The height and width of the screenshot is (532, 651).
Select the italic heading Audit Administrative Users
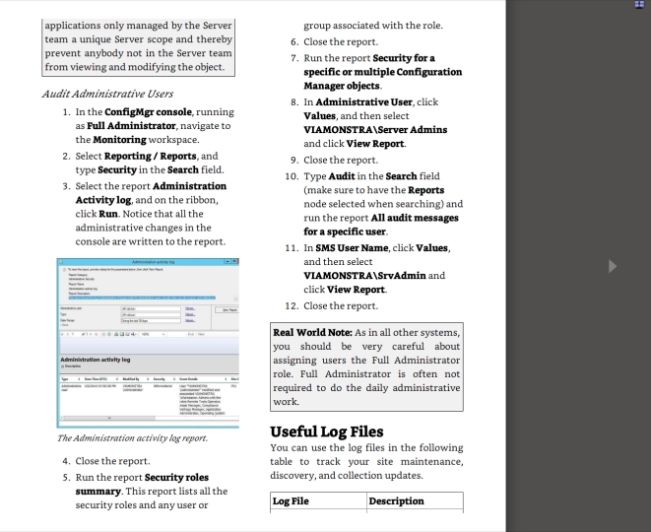[107, 95]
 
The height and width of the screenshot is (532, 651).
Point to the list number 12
[291, 305]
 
